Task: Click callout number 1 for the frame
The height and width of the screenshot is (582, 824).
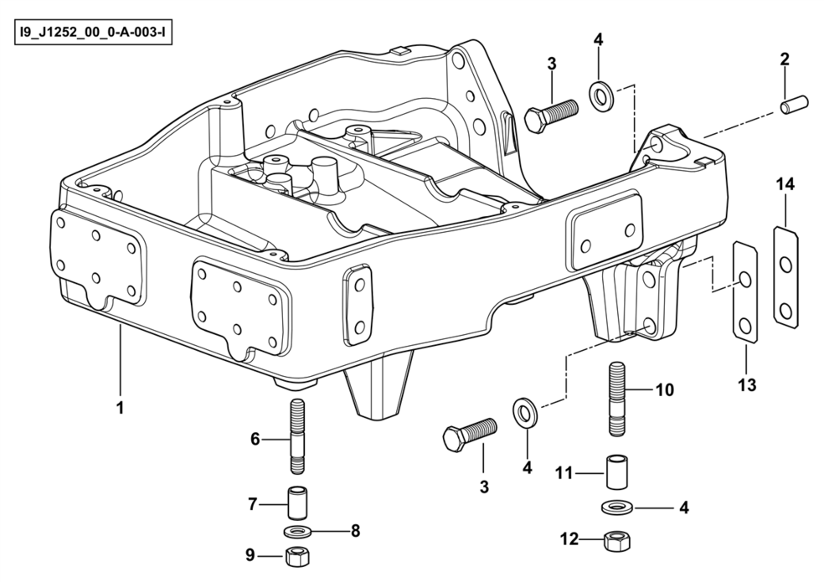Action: tap(121, 409)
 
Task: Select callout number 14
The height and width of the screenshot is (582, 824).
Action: tap(785, 183)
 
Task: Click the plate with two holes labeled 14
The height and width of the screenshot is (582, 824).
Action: tap(785, 277)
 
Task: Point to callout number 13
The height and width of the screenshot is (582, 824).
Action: tap(747, 385)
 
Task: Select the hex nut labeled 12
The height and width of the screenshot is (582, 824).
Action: tap(615, 539)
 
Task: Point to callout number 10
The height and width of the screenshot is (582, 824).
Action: tap(664, 390)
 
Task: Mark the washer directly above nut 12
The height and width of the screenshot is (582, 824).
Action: tap(616, 507)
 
